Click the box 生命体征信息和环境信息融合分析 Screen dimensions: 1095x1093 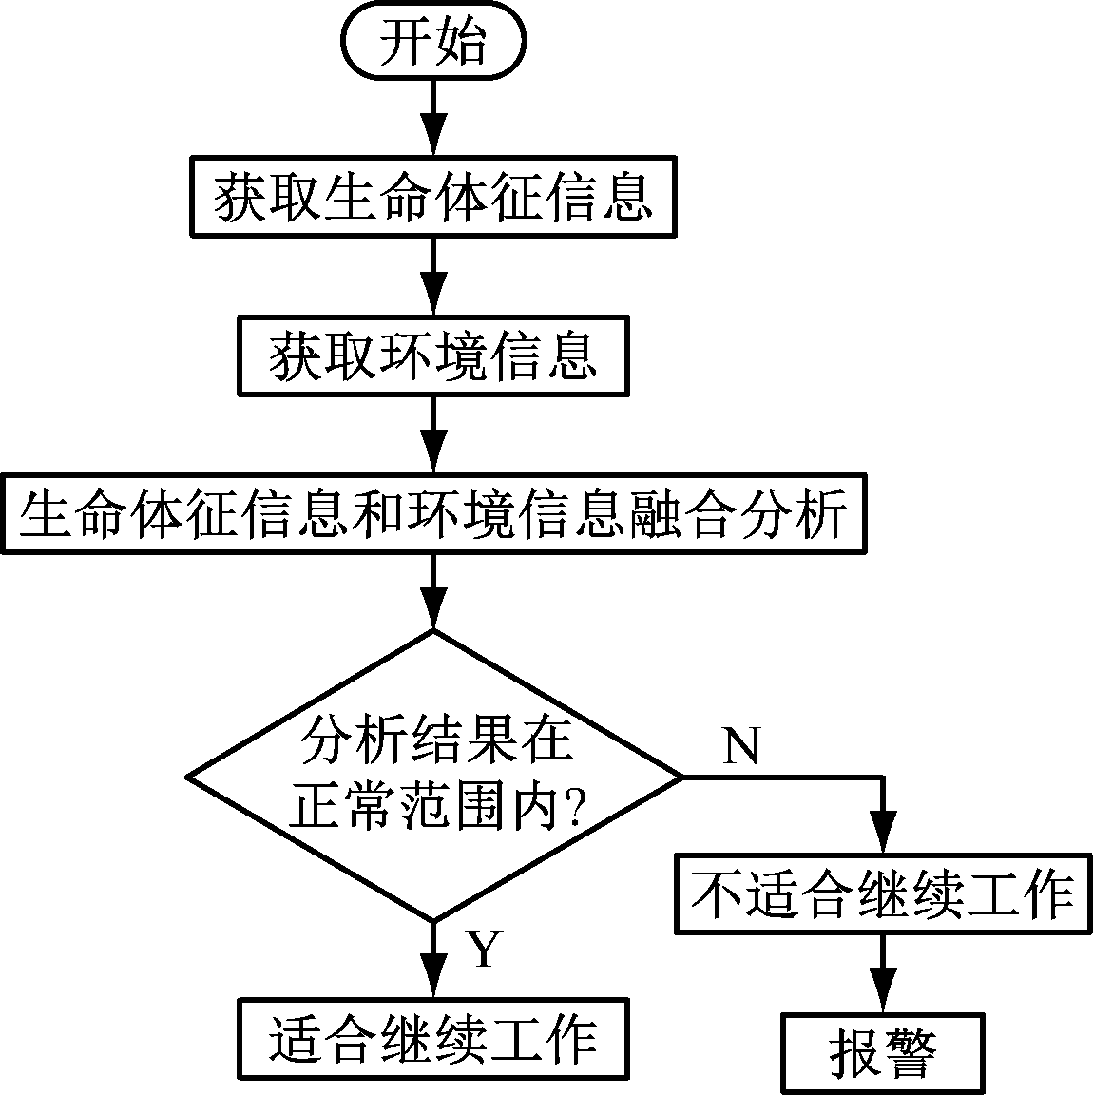pos(433,513)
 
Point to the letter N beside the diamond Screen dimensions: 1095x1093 pos(742,747)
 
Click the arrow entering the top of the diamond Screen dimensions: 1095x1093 pos(433,591)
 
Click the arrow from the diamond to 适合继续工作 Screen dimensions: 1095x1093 pos(433,960)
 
